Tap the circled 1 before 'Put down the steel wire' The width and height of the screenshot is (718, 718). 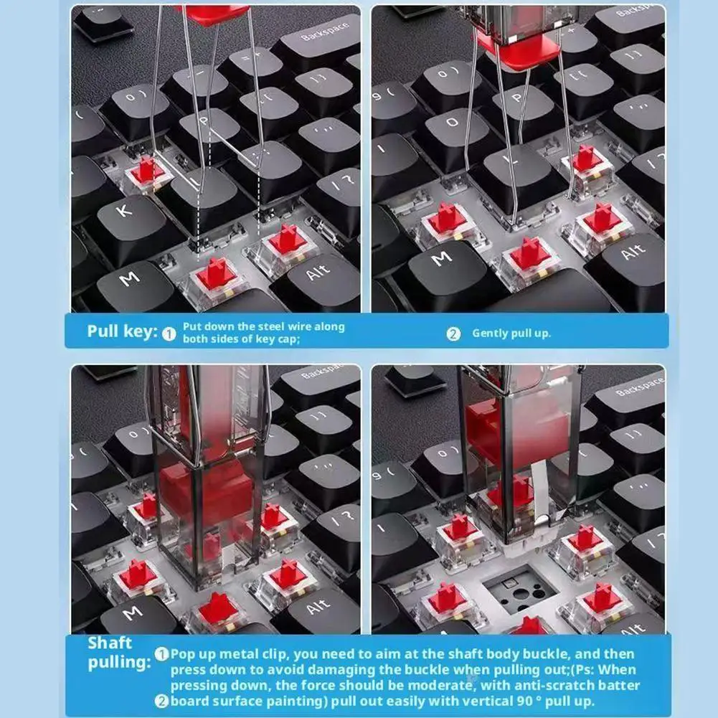pos(169,334)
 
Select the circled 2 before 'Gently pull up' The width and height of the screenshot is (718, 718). pos(453,334)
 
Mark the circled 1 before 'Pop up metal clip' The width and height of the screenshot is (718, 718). pos(162,654)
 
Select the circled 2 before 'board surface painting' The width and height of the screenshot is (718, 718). pos(162,702)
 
